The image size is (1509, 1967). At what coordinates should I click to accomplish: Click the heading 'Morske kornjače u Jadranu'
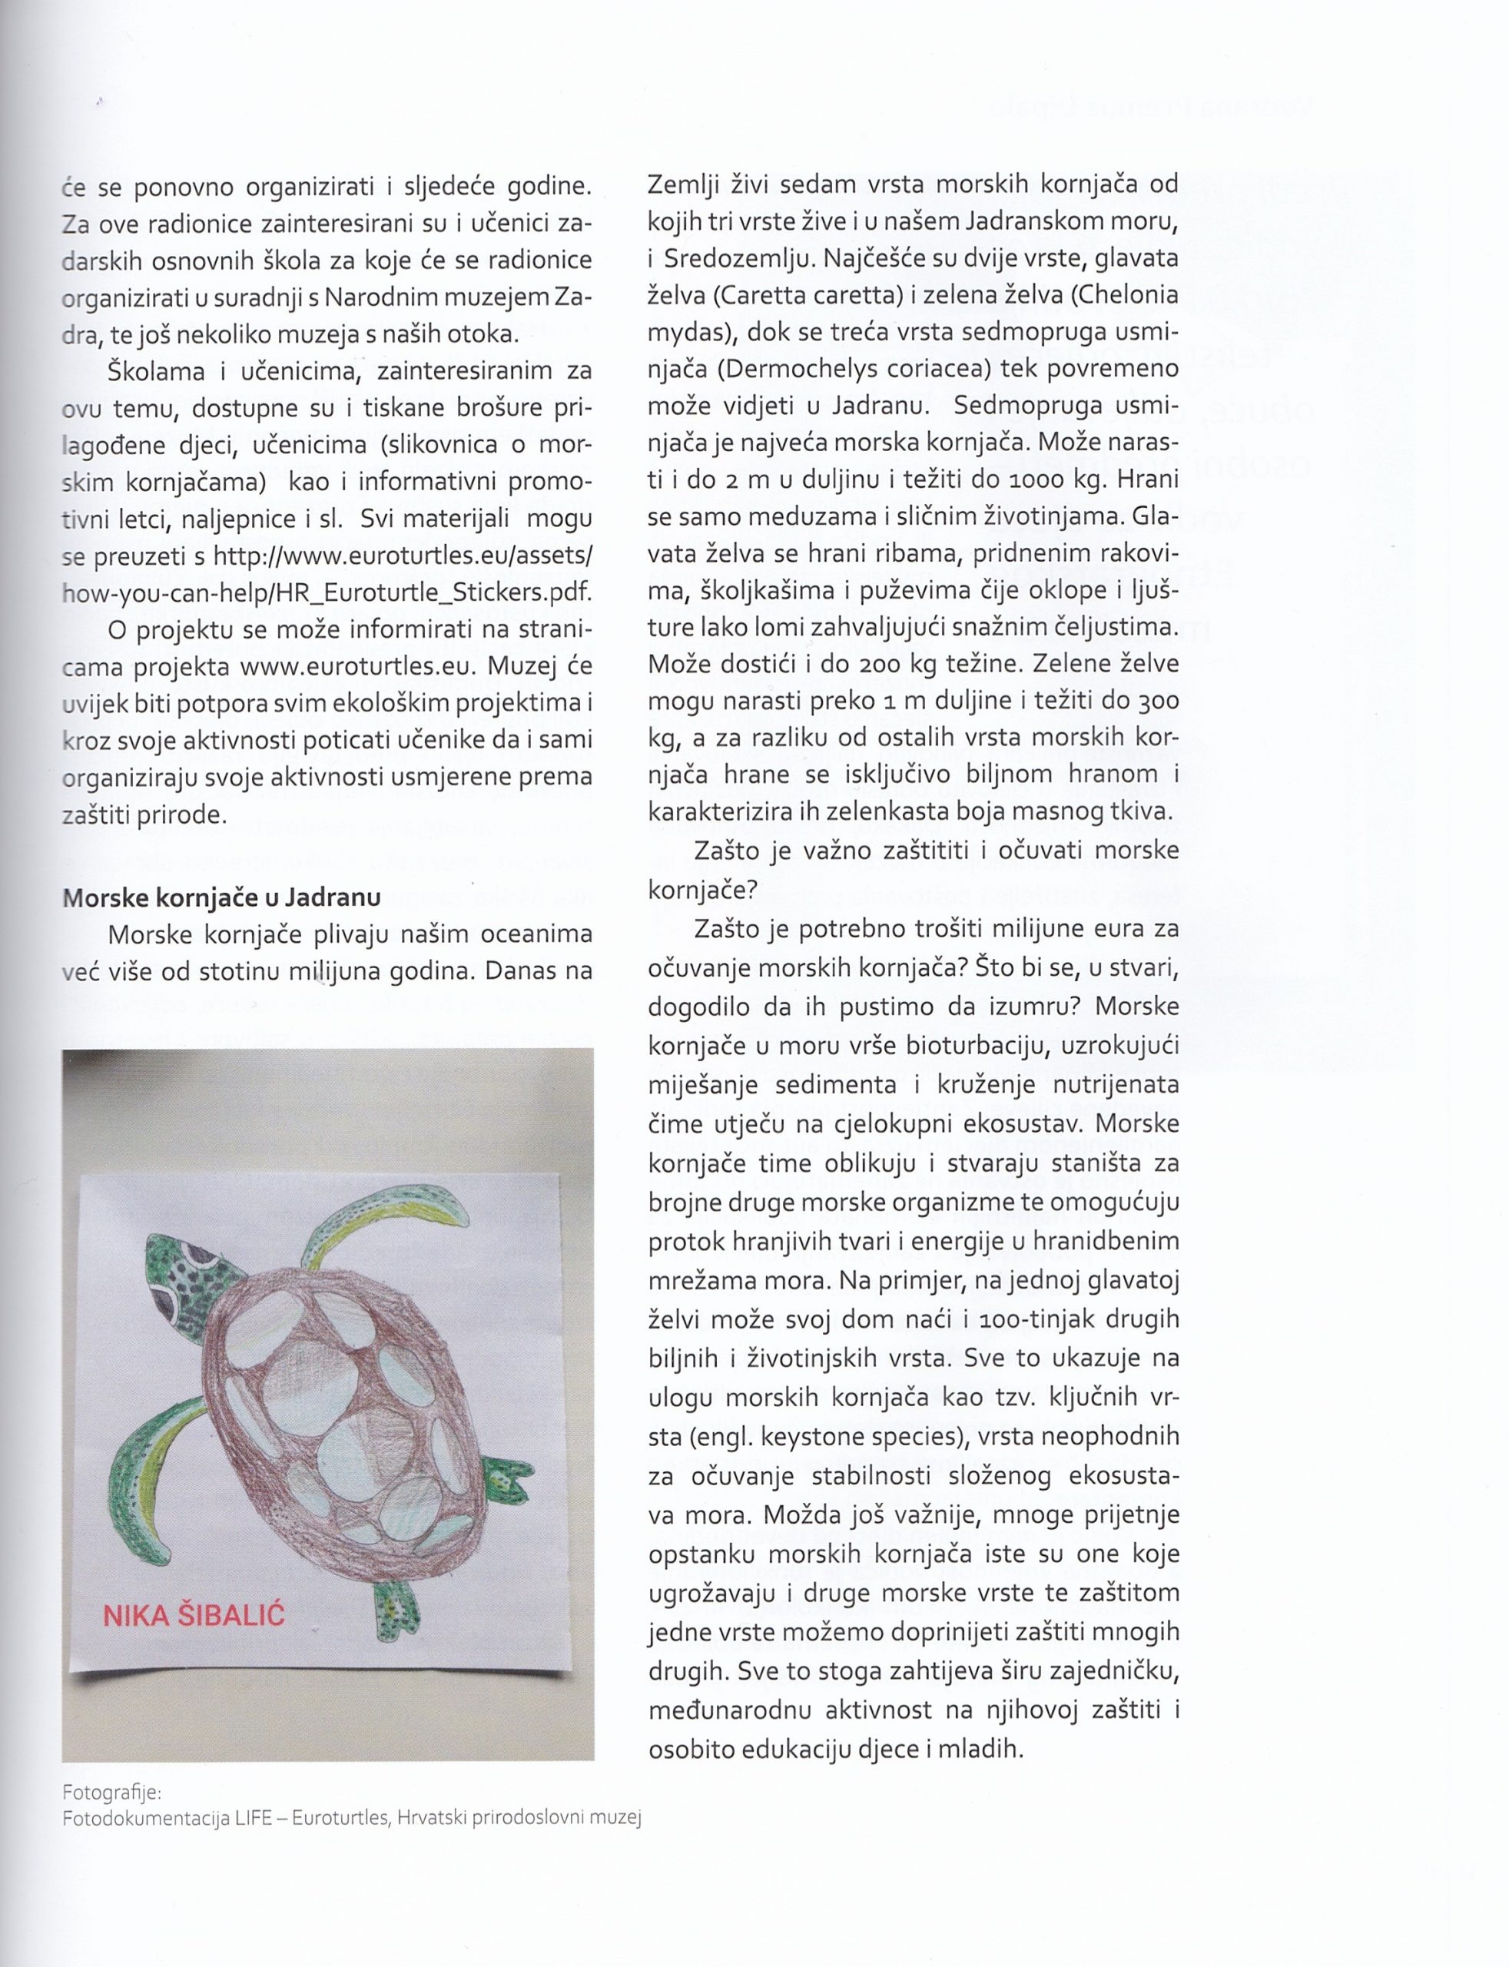(221, 897)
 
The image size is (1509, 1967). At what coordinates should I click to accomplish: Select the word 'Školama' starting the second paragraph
(155, 371)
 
